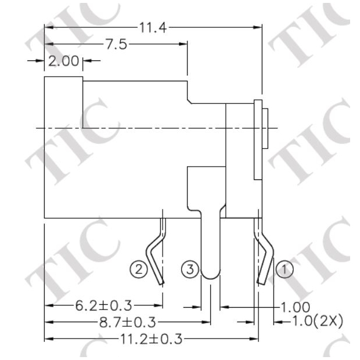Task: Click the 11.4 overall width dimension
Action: coord(153,27)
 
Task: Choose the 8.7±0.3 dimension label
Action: coord(124,321)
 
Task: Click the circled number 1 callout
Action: coord(284,269)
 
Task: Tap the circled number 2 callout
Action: coord(138,269)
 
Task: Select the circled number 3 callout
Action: coord(189,269)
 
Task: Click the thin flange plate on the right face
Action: coord(257,139)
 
